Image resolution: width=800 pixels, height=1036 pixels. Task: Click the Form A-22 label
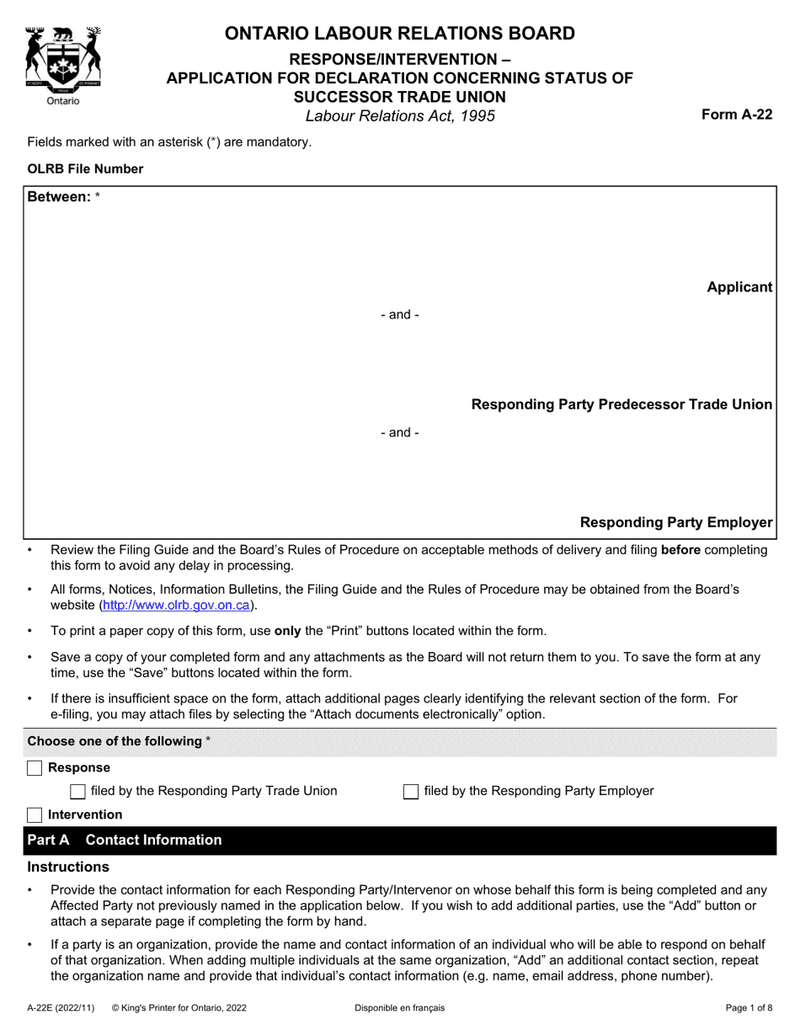pos(737,115)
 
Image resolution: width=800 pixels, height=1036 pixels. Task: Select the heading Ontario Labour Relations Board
pos(399,34)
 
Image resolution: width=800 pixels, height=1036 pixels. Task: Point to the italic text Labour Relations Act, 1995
pos(400,116)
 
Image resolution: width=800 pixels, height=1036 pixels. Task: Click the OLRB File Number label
pos(85,168)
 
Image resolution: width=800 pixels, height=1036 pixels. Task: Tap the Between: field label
pos(59,196)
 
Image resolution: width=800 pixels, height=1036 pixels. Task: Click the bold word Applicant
pos(739,287)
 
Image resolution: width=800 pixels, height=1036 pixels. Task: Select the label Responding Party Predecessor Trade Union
pos(621,405)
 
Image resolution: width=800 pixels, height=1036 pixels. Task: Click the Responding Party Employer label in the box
pos(675,523)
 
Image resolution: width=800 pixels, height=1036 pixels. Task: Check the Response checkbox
pos(35,768)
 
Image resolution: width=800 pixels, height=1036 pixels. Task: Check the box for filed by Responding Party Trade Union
pos(77,791)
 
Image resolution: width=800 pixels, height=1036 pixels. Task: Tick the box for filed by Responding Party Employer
pos(411,791)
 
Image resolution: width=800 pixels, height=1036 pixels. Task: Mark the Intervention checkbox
pos(35,814)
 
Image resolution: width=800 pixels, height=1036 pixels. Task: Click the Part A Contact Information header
pos(125,840)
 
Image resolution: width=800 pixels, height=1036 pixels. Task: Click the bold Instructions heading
pos(68,867)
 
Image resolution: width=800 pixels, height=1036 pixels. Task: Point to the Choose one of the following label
pos(115,741)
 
